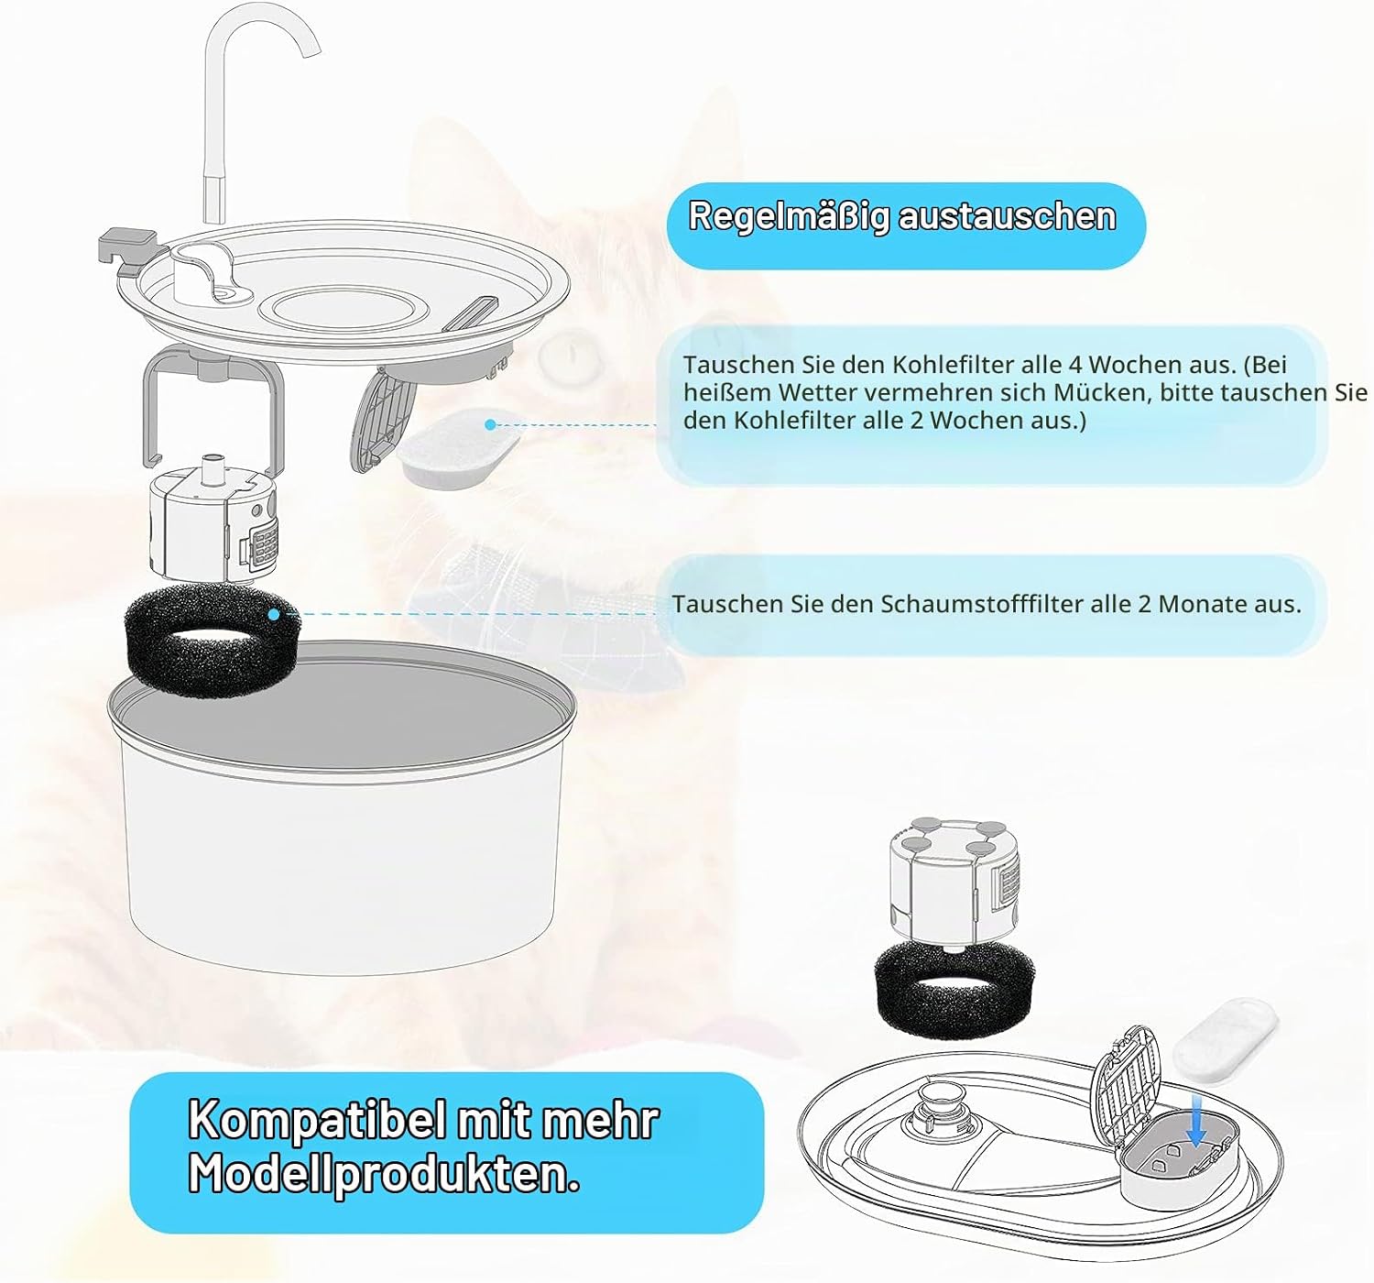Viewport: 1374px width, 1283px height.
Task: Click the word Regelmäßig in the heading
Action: coord(788,217)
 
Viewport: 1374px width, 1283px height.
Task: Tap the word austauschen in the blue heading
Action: coord(1007,216)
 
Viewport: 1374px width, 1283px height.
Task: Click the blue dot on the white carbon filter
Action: coord(490,424)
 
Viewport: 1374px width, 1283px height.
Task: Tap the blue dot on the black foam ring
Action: coord(274,614)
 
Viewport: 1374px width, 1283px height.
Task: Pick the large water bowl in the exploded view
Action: coord(342,806)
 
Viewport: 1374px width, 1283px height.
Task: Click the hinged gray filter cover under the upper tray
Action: coord(383,419)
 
